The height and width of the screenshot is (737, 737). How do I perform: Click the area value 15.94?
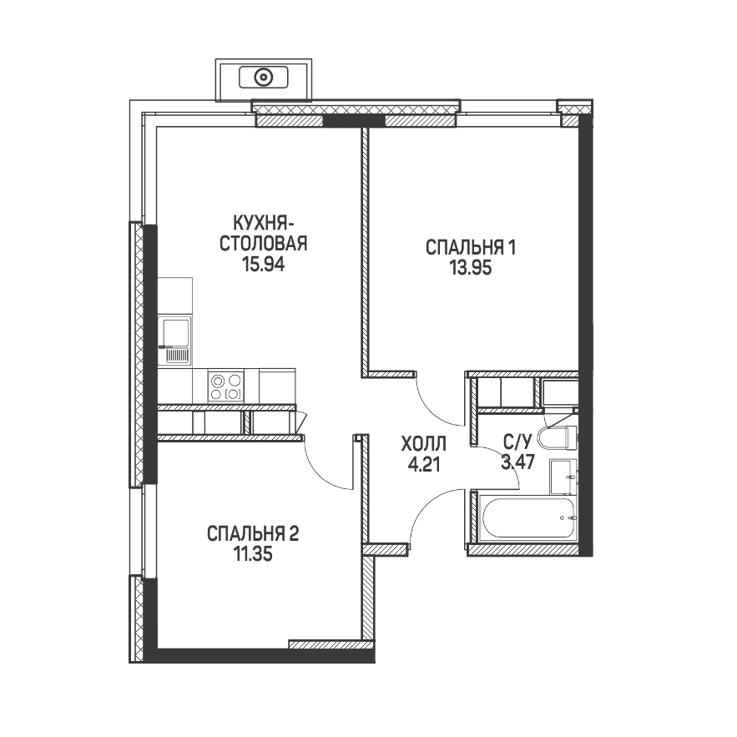pos(263,265)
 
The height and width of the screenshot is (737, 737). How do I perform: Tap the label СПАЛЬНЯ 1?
pos(471,247)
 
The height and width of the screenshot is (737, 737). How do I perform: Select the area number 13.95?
pos(471,268)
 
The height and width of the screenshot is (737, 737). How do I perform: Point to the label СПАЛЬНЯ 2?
pos(253,534)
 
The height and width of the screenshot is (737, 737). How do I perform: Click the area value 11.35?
pos(253,555)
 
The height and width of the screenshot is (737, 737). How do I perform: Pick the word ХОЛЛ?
pos(423,444)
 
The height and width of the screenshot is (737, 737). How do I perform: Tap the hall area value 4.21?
pos(424,465)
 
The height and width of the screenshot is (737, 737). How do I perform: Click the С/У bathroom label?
pos(517,442)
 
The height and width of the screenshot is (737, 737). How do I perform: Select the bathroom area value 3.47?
pos(517,462)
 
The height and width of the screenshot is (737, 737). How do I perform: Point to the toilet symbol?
pos(558,437)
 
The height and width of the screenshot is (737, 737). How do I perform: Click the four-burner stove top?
pos(225,386)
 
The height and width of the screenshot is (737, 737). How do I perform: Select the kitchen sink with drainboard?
pos(175,341)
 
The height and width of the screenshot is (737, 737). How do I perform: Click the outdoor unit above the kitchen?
pos(264,79)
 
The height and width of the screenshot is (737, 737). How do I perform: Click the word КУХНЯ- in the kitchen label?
pos(263,223)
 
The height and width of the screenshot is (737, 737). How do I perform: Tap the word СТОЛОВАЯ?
pos(263,245)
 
